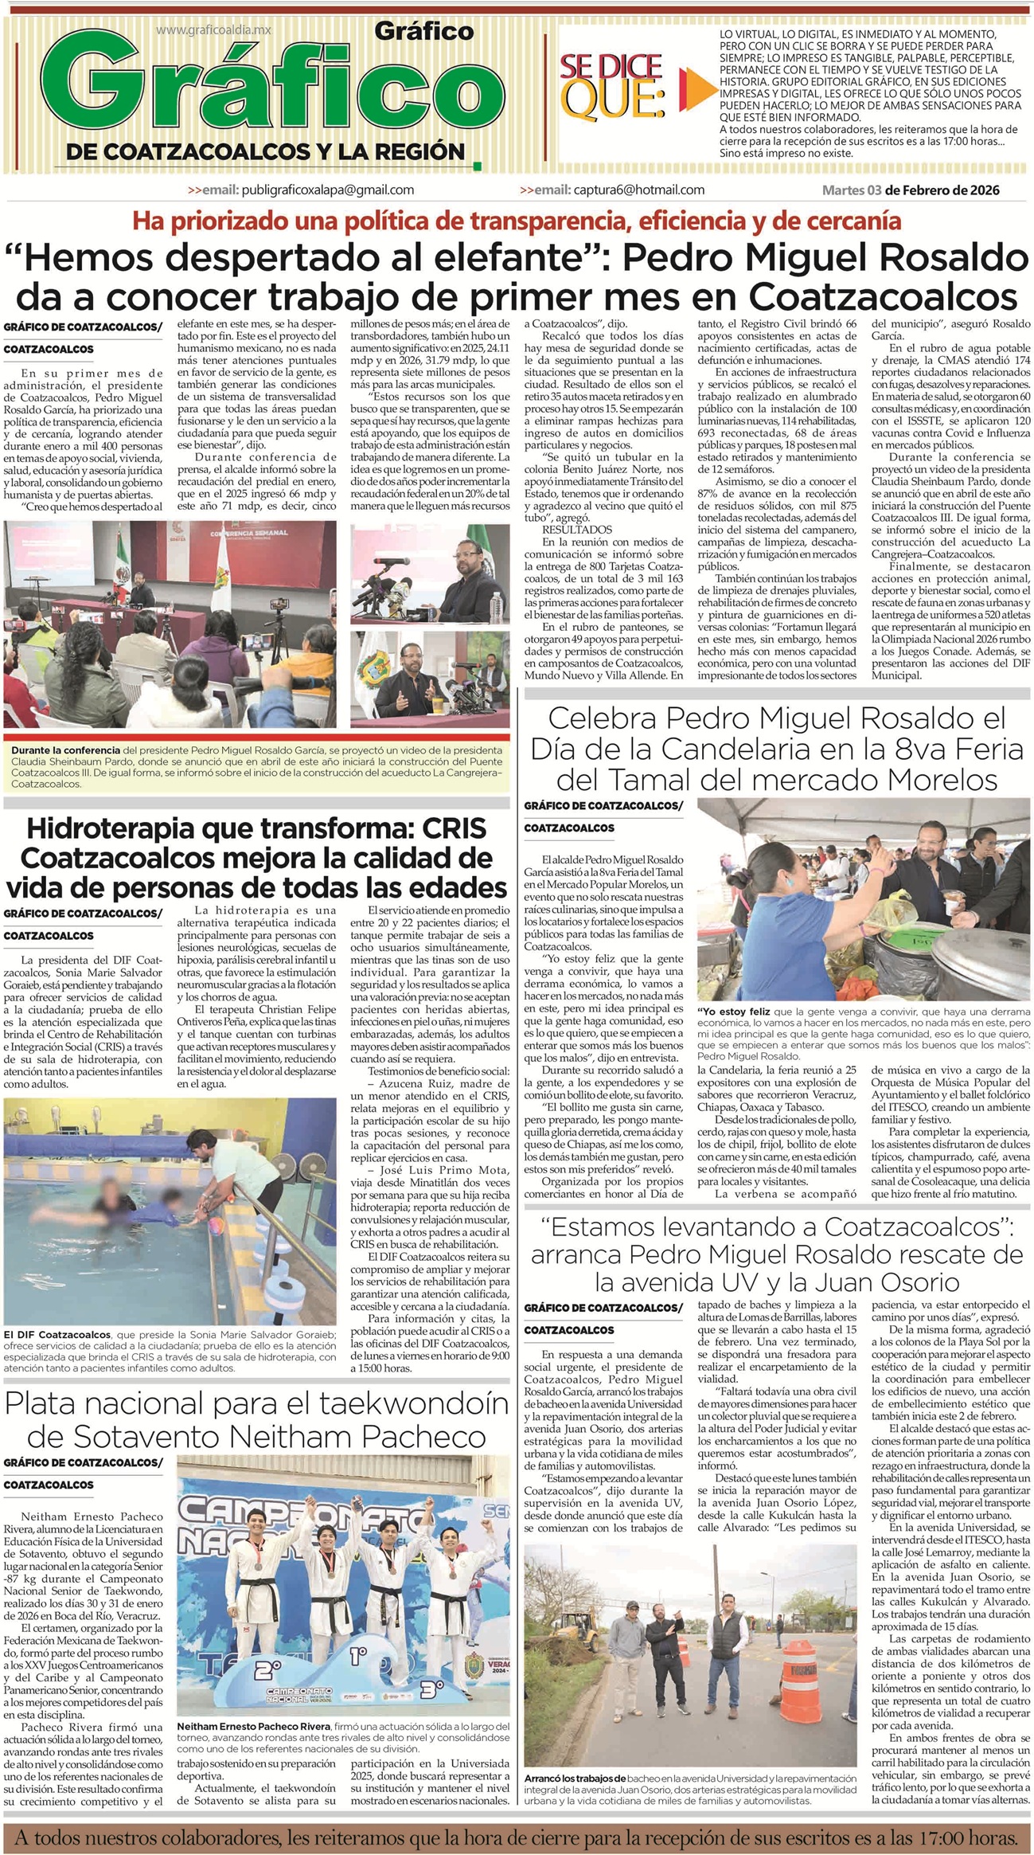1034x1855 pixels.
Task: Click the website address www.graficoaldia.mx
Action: click(x=214, y=29)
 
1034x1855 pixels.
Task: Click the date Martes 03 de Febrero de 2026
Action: click(x=911, y=190)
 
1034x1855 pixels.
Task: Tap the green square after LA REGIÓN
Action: click(x=476, y=166)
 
